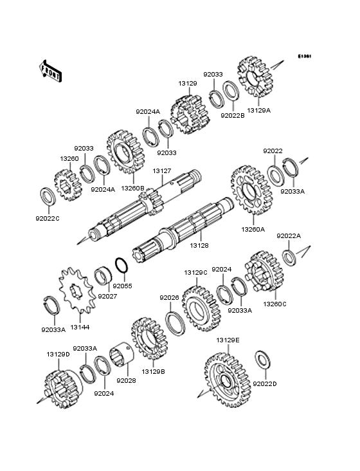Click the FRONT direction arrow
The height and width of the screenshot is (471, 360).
[x=50, y=71]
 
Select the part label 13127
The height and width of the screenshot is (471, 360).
[x=162, y=171]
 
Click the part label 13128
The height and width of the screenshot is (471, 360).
[x=199, y=245]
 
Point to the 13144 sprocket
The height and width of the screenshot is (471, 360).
[x=76, y=290]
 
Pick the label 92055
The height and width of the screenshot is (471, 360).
[x=122, y=286]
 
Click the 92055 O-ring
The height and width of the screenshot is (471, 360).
[x=122, y=266]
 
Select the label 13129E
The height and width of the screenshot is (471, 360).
[x=228, y=340]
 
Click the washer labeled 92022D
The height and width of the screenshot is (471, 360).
[x=263, y=359]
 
